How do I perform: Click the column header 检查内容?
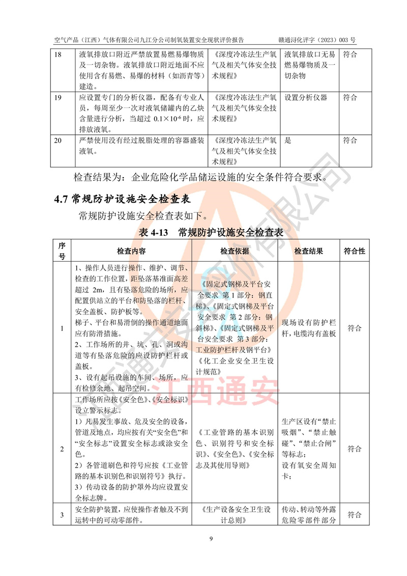tap(131, 252)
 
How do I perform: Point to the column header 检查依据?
tap(234, 252)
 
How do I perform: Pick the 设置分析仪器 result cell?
tap(306, 97)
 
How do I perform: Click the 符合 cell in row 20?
tap(350, 141)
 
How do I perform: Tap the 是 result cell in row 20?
tap(288, 141)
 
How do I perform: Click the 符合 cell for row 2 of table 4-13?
tap(355, 449)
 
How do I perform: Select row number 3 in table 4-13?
tap(62, 515)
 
